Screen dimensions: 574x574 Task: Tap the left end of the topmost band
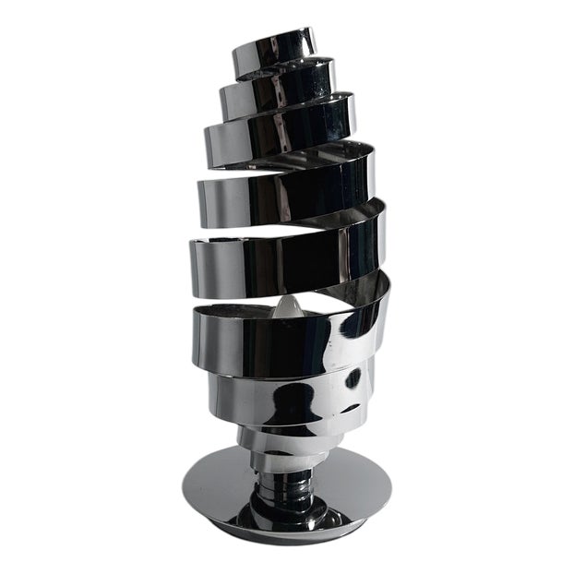236,58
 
